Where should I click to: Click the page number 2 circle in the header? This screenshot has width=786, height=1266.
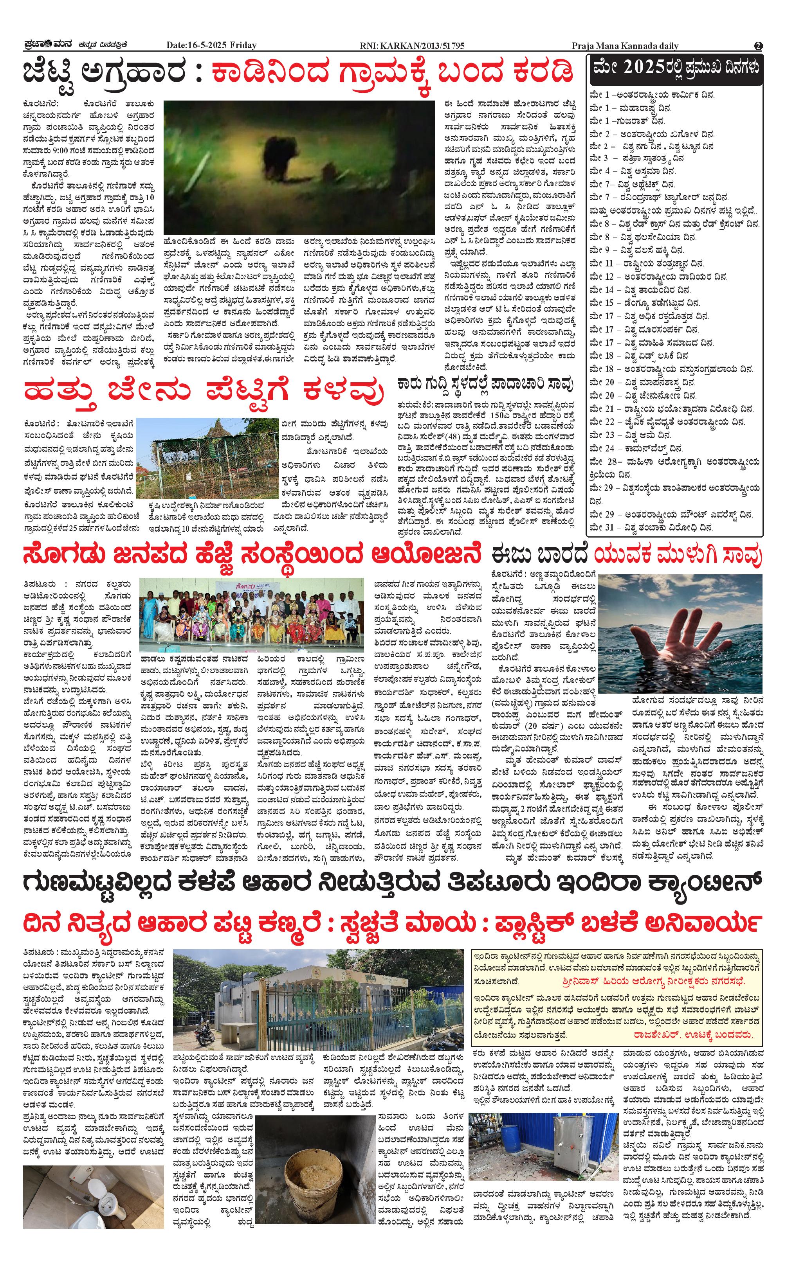tap(758, 46)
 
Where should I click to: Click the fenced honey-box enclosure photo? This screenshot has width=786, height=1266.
tap(214, 458)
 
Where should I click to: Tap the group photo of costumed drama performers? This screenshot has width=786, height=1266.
tap(252, 615)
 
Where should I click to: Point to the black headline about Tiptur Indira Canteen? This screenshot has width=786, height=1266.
tap(393, 883)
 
